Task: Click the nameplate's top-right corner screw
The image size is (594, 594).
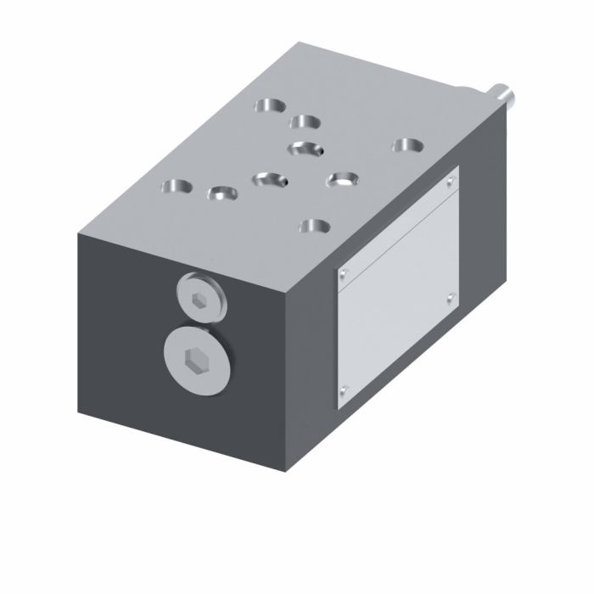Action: click(x=451, y=182)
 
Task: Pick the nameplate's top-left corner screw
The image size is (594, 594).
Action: click(x=344, y=272)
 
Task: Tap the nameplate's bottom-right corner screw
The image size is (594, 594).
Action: click(x=451, y=296)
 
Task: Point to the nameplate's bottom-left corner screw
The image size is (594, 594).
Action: click(x=343, y=390)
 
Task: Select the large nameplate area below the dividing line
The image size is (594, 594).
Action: click(x=397, y=322)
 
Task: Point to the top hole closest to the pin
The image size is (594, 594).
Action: click(x=408, y=146)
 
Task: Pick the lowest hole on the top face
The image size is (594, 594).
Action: click(x=315, y=226)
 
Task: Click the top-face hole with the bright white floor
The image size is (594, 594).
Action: click(x=344, y=179)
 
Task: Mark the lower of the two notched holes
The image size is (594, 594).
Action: click(x=270, y=179)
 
